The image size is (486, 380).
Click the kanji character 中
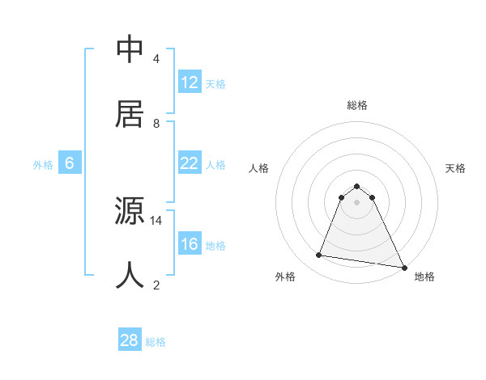130,49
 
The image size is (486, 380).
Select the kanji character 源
130,212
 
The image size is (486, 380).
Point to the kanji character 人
130,276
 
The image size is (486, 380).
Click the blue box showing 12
190,82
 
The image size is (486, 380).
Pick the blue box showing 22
190,163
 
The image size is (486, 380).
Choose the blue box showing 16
190,244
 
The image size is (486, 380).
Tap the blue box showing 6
70,163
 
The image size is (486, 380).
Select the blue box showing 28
130,340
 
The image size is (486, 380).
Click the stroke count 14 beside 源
156,220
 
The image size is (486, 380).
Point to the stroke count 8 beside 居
156,123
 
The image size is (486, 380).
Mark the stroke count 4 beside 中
156,58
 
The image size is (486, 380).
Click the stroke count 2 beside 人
156,285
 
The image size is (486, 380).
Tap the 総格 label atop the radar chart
357,105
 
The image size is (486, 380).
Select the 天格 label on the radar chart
456,168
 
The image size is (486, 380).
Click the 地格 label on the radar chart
424,277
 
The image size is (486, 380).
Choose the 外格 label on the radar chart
285,277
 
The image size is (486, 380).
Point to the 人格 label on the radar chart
258,168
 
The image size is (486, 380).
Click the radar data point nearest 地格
403,266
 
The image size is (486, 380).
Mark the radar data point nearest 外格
319,255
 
